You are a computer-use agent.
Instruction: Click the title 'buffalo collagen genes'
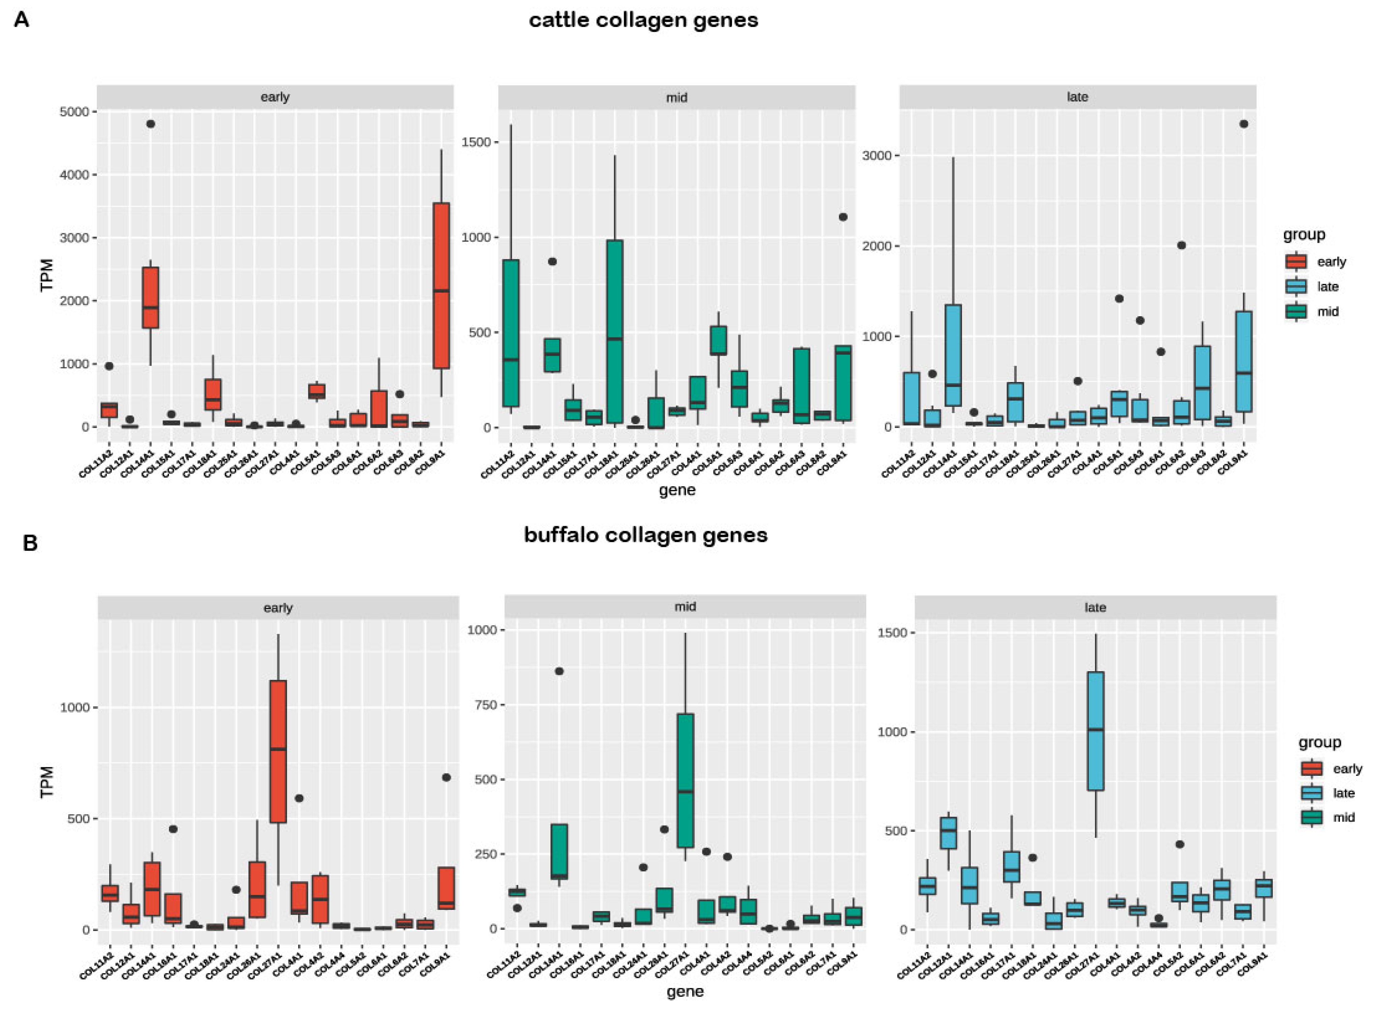645,535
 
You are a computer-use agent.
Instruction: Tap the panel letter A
21,20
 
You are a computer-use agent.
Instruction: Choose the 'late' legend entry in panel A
1327,287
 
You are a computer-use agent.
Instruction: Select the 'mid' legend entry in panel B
1343,818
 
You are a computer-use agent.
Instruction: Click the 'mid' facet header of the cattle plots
676,97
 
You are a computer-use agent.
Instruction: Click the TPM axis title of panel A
47,275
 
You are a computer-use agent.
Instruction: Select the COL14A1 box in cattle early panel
150,298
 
